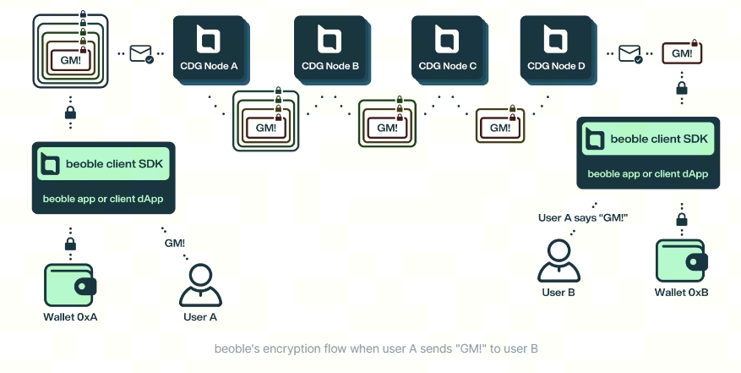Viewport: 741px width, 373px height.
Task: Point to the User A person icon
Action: (200, 286)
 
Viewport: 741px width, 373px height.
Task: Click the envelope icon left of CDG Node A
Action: (140, 53)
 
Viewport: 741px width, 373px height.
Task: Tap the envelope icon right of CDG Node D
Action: (630, 54)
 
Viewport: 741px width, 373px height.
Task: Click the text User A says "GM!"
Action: (583, 217)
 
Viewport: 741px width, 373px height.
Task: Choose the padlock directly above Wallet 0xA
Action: (70, 245)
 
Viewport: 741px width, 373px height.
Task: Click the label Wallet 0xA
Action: (70, 317)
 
